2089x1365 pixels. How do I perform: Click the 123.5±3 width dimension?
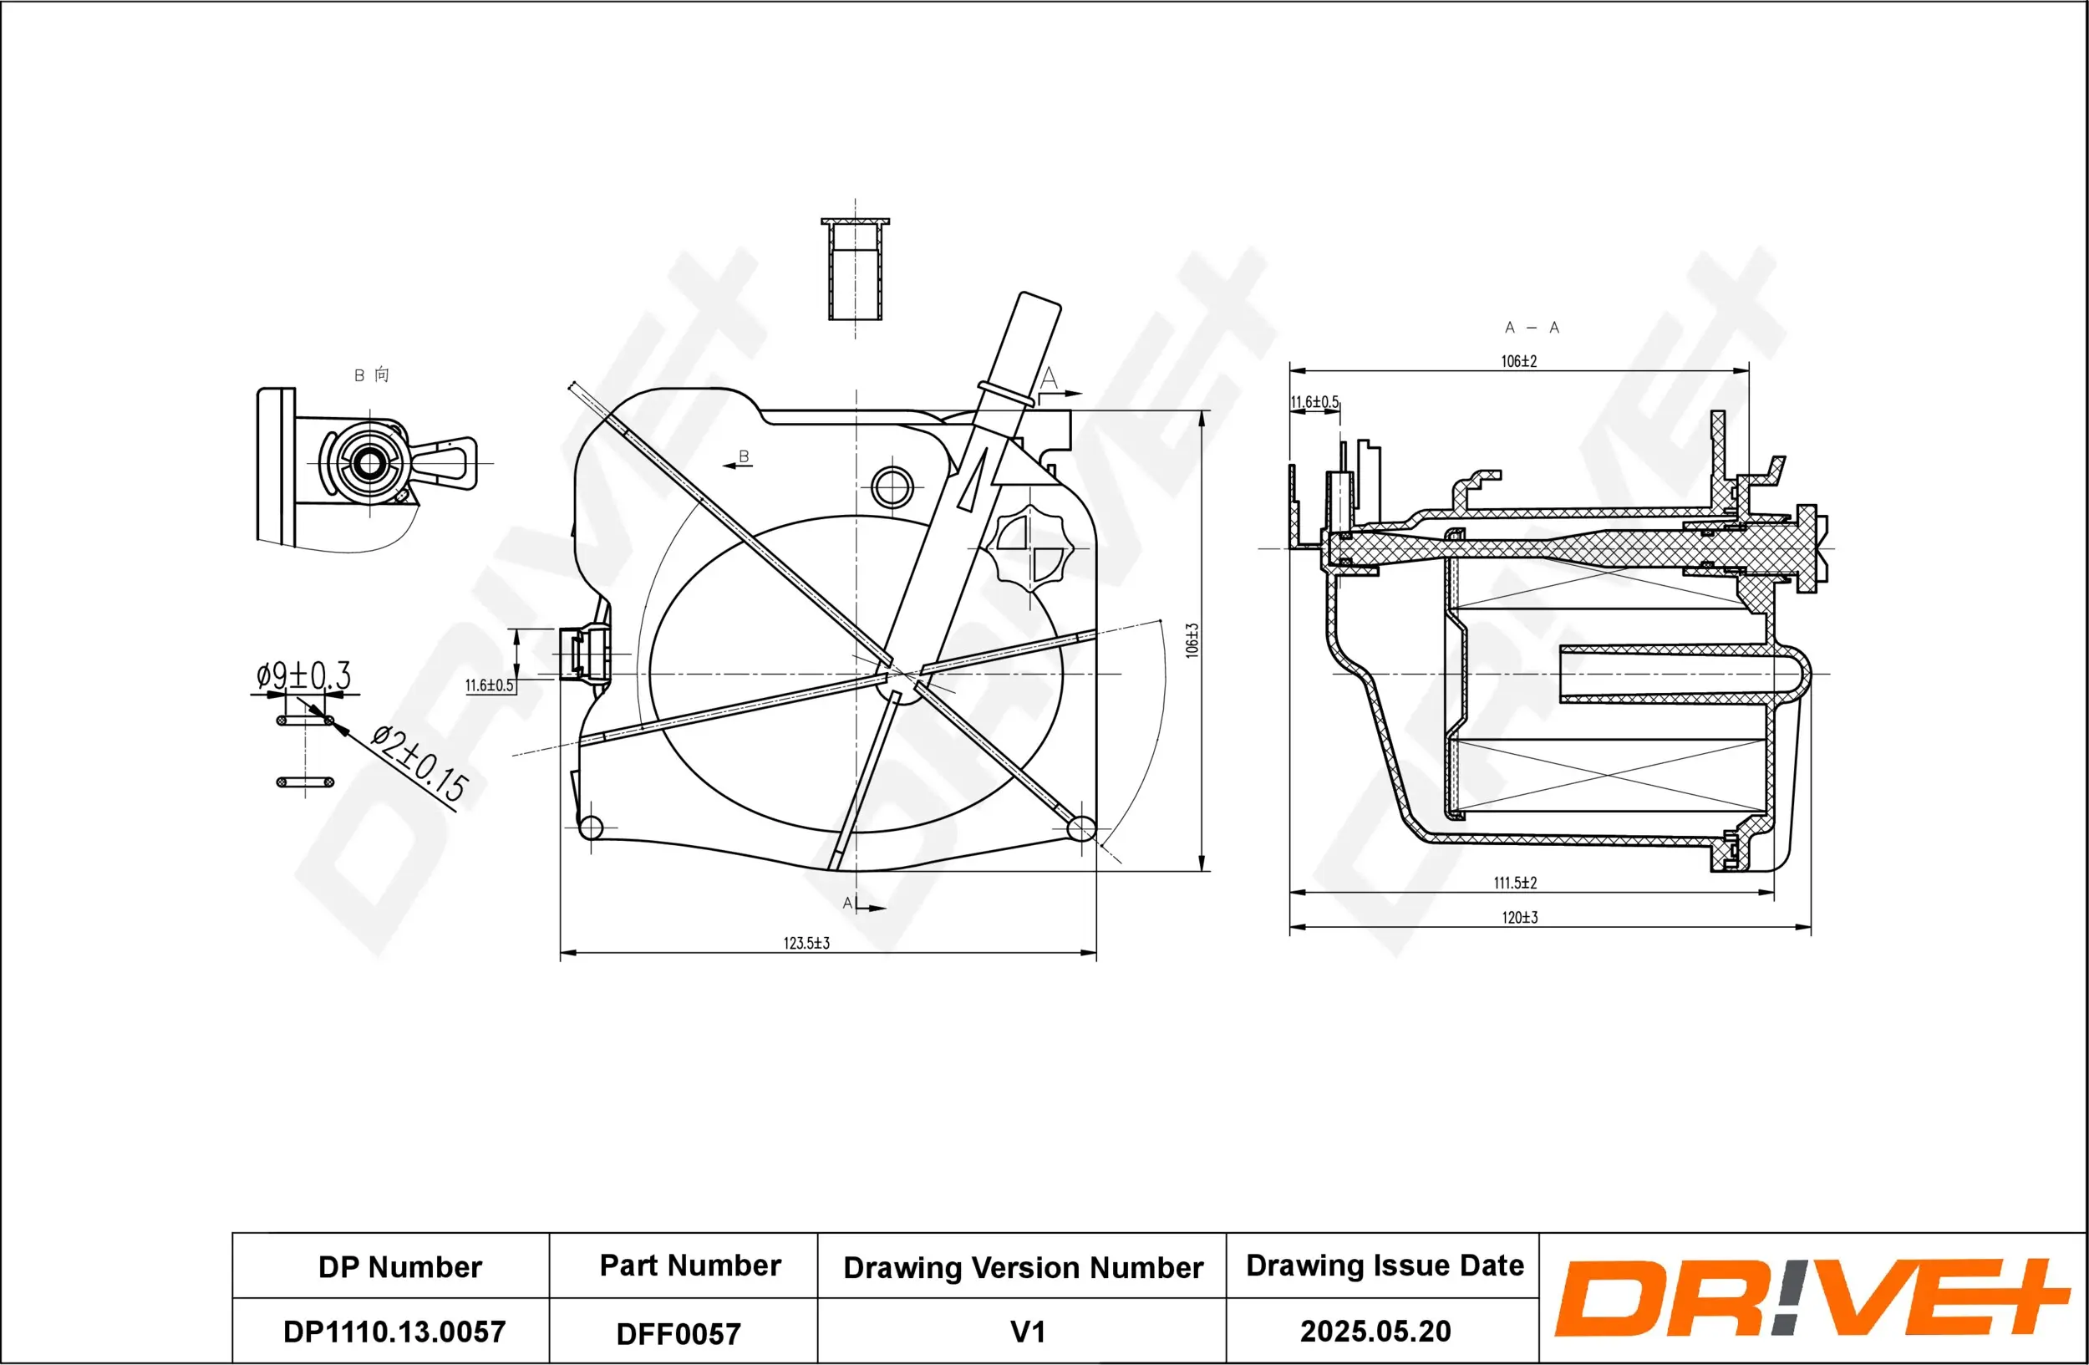[x=806, y=943]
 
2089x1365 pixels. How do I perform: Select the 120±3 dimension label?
[x=1519, y=917]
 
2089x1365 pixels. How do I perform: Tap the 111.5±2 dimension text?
[x=1515, y=883]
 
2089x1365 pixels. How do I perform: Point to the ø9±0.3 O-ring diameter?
[x=302, y=676]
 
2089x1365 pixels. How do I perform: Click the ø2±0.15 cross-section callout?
[x=419, y=764]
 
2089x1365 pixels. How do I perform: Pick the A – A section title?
[x=1532, y=328]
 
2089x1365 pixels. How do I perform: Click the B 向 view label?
[x=370, y=374]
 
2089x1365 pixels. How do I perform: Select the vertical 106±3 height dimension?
[x=1191, y=641]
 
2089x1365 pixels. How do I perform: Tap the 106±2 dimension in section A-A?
[x=1518, y=361]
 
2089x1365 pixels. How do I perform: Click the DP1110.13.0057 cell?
[x=394, y=1332]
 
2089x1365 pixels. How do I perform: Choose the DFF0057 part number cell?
[x=679, y=1333]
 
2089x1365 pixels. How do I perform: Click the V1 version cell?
[x=1027, y=1332]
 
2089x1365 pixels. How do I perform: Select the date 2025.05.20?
[x=1375, y=1331]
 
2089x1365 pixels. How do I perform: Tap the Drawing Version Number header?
[x=1023, y=1267]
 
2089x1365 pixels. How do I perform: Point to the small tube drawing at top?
[x=855, y=269]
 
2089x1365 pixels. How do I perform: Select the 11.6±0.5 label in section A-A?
[x=1314, y=402]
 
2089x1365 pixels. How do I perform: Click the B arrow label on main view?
[x=743, y=456]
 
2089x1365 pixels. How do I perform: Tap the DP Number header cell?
[x=399, y=1266]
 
